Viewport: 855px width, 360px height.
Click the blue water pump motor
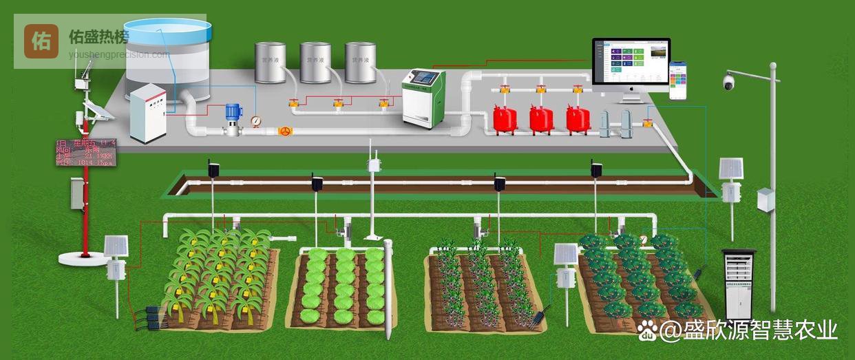coord(233,112)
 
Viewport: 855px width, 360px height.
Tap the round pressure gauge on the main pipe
coord(256,122)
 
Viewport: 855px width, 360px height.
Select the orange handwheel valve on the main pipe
coord(284,131)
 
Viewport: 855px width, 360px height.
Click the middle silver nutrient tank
coord(315,62)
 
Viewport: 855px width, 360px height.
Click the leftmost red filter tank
coord(505,118)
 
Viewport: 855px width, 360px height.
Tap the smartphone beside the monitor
coord(679,80)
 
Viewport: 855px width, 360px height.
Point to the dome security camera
coord(728,83)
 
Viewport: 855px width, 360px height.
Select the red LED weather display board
coord(85,152)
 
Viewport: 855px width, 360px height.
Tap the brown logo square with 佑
coord(41,41)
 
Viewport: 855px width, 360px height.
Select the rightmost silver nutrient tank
coord(360,62)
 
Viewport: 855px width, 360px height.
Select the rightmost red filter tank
coord(578,118)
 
